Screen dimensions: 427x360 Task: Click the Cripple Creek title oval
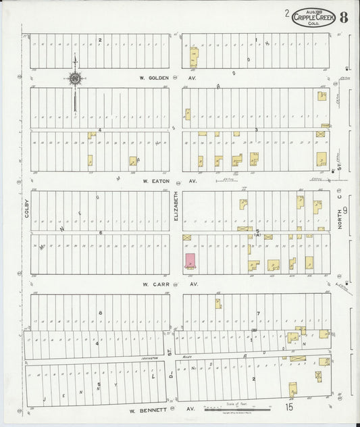coord(313,18)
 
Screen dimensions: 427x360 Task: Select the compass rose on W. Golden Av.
coord(74,79)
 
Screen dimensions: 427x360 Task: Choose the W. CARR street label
coord(155,284)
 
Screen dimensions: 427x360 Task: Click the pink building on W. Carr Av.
coord(191,260)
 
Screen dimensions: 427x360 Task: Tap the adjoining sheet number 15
coord(288,407)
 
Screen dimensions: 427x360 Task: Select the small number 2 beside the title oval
coord(286,12)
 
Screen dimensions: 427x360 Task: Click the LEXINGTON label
coord(150,359)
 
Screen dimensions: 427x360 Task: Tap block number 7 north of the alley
coord(258,313)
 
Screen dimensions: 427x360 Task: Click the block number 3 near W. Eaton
coord(257,129)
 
